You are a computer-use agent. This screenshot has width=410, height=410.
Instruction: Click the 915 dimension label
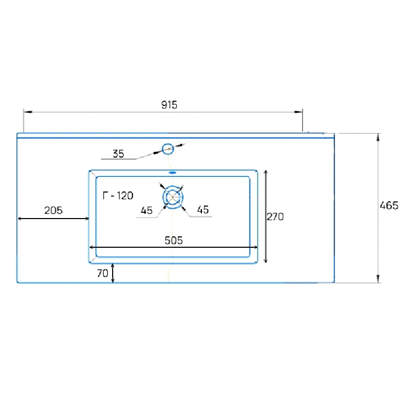tap(169, 105)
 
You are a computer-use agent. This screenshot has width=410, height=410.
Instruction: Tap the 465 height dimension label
tap(389, 206)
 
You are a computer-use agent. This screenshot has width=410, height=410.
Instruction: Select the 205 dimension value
tap(53, 210)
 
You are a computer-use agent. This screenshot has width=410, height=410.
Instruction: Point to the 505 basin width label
tap(174, 240)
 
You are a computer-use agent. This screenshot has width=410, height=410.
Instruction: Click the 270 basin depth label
tap(275, 216)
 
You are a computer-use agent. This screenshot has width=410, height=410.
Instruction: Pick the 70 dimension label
tap(102, 273)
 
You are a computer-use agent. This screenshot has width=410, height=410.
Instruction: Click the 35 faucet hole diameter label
tap(118, 154)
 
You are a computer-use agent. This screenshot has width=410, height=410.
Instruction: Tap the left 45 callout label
tap(147, 210)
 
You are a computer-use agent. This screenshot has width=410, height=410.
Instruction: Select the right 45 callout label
tap(203, 210)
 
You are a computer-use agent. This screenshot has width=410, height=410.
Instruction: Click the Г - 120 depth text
tap(118, 195)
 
